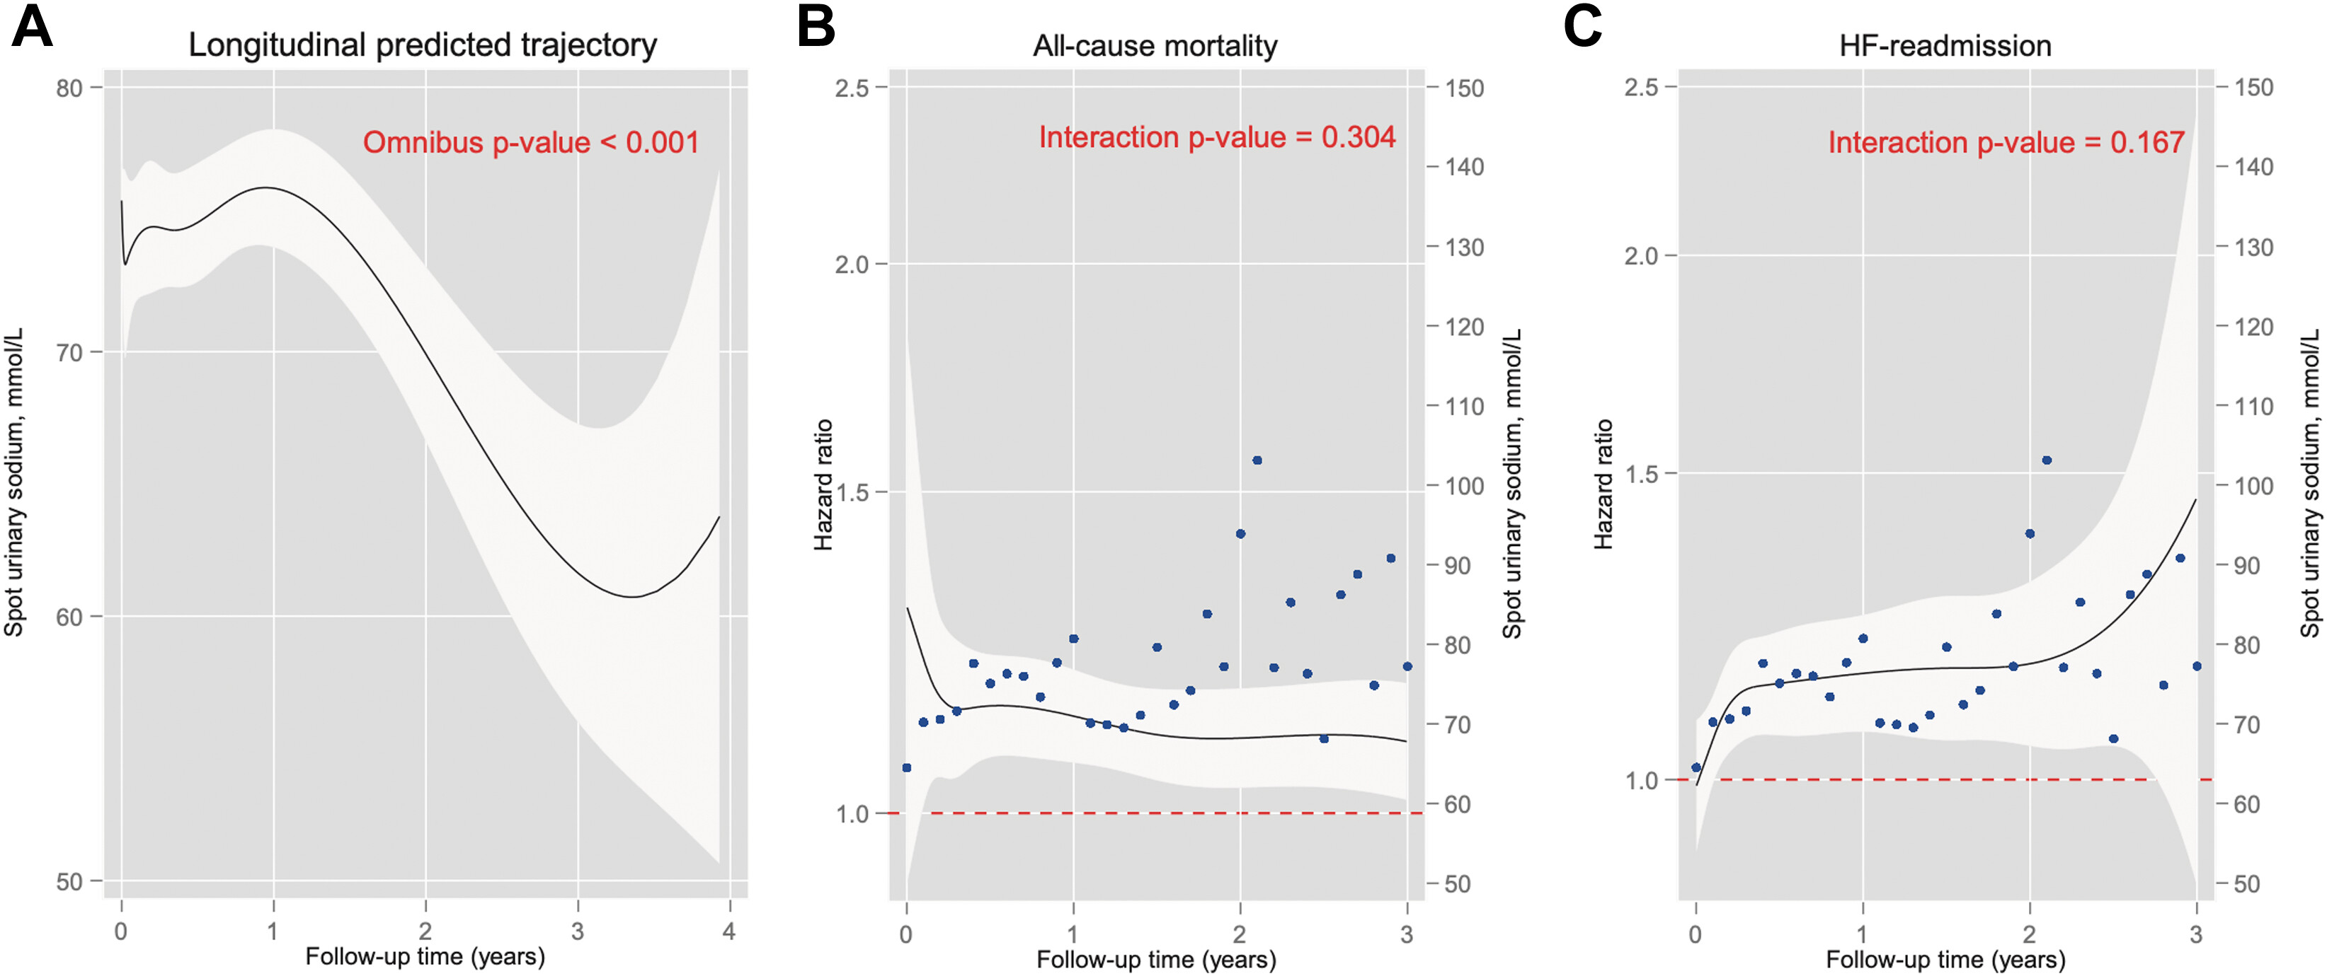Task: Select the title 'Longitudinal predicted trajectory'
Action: point(422,45)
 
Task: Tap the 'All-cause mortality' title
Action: point(1155,46)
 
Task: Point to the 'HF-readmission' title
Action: point(1945,46)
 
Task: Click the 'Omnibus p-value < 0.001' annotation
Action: point(531,143)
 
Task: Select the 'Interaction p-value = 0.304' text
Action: point(1217,137)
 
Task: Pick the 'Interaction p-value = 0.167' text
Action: point(2006,143)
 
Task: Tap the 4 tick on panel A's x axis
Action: point(729,931)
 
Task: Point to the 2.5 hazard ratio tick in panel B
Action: point(852,88)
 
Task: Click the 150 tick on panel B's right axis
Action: point(1463,88)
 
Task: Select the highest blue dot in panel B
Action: point(1257,460)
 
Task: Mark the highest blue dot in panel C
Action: point(2047,460)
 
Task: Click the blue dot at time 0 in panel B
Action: point(907,767)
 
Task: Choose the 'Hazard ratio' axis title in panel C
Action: point(1603,485)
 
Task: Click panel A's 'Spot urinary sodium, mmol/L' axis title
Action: point(13,482)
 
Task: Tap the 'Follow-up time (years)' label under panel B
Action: point(1156,959)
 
